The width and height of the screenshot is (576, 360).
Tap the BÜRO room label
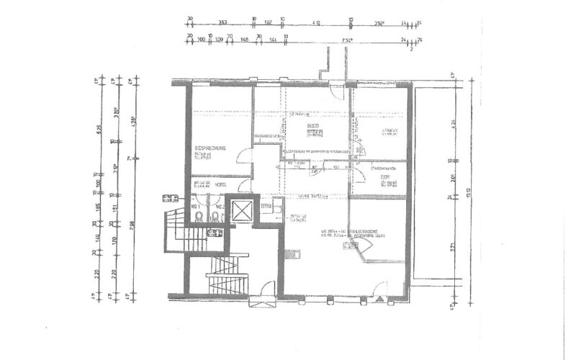click(x=313, y=125)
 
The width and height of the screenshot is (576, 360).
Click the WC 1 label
click(x=195, y=206)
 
